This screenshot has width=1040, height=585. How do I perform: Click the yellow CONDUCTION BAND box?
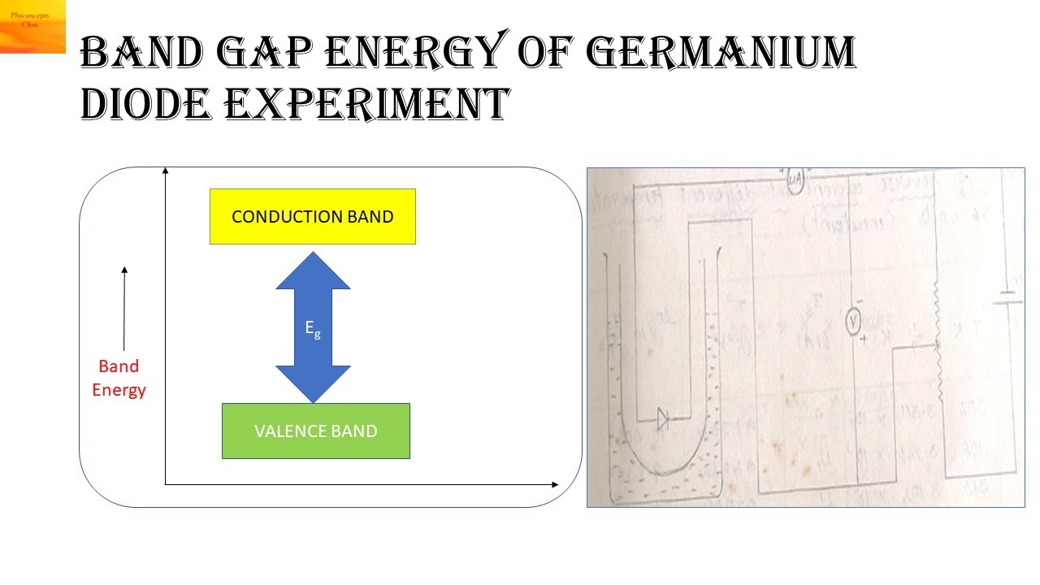coord(313,217)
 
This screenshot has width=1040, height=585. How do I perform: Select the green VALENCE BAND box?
coord(316,431)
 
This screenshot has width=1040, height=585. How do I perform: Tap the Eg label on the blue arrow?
coord(313,328)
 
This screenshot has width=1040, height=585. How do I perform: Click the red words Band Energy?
coord(119,378)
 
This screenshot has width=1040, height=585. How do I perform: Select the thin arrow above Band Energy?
coord(124,309)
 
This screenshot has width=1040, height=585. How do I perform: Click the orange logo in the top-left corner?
coord(32,26)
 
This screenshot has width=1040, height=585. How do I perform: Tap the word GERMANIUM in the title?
coord(720,53)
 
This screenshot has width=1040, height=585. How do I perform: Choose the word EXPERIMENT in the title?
coord(366,103)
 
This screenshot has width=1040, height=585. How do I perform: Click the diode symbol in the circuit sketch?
coord(663,420)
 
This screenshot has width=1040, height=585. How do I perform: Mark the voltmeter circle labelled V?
coord(853,323)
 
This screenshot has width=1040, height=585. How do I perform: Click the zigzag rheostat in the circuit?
coord(938,341)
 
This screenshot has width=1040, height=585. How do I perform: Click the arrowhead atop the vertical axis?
coord(166,170)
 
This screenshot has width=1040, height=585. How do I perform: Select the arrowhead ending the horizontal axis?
coord(555,485)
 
